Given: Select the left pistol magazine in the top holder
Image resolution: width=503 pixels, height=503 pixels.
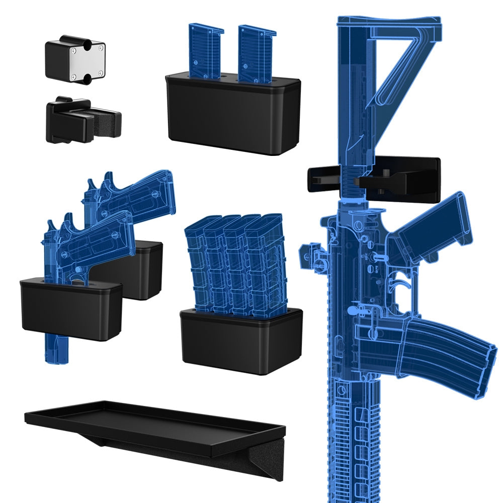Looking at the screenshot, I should (x=205, y=50).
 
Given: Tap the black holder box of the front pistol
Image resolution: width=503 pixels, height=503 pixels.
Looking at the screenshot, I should (x=70, y=309).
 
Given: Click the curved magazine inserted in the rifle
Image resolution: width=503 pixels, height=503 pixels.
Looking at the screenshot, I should (x=448, y=352).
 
